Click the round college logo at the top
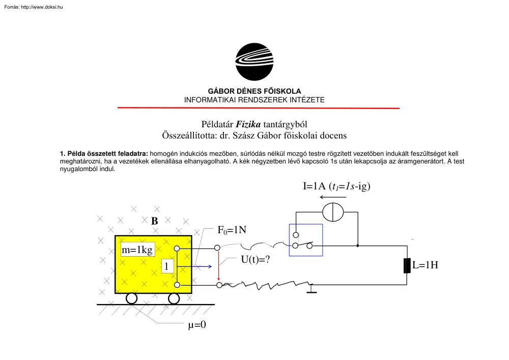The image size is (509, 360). (x=254, y=62)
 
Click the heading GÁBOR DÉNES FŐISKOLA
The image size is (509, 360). (x=254, y=91)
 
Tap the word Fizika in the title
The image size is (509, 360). (x=249, y=124)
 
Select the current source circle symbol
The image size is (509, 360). (x=334, y=212)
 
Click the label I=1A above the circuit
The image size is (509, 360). (x=315, y=186)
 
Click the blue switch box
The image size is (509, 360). (x=305, y=240)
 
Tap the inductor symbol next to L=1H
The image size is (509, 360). (x=407, y=265)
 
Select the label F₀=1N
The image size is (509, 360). (x=232, y=230)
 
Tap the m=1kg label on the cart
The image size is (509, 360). (x=137, y=250)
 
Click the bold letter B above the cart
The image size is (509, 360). (x=154, y=221)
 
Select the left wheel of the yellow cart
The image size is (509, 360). (x=131, y=298)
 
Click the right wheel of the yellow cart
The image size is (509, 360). (x=174, y=298)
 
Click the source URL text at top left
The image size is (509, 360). (x=33, y=7)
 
